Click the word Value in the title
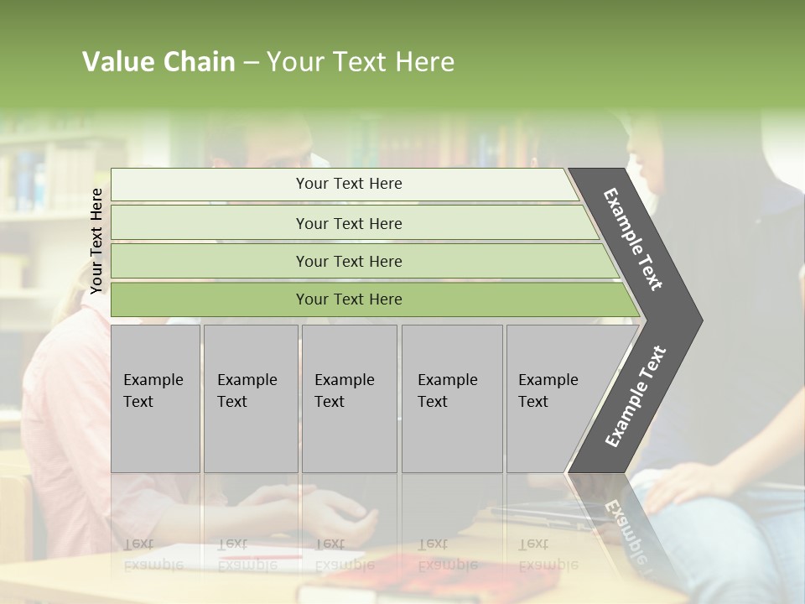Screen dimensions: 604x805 point(117,62)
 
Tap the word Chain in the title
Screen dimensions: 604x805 point(198,62)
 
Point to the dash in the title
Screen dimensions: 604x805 point(251,63)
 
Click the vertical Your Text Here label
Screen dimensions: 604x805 point(96,241)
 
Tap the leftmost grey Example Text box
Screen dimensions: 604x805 point(155,398)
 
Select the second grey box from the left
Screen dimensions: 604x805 point(250,398)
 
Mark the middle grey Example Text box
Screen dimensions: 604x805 point(349,398)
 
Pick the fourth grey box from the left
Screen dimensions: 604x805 point(451,398)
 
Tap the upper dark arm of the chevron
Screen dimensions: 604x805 point(633,239)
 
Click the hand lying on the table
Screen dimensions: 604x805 point(335,512)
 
